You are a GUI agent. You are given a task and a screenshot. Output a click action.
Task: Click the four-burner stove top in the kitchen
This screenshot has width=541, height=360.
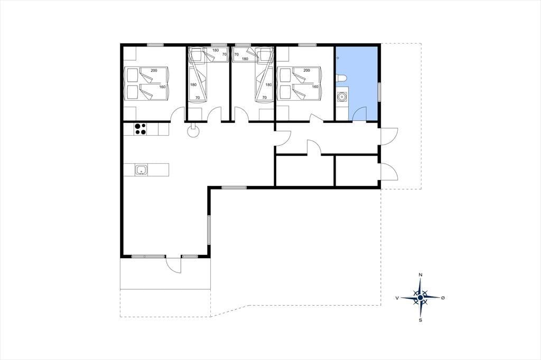pyautogui.click(x=141, y=129)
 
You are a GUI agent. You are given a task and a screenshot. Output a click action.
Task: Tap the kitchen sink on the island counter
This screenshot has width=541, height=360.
pyautogui.click(x=141, y=170)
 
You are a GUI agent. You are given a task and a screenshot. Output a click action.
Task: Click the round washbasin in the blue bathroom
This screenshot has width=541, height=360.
pyautogui.click(x=342, y=97)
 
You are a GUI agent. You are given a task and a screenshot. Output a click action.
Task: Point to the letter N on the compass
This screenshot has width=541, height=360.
pyautogui.click(x=420, y=275)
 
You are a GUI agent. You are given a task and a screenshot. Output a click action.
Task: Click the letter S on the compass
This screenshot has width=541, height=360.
pyautogui.click(x=420, y=320)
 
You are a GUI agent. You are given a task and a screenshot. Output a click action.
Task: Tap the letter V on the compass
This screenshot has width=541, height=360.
pyautogui.click(x=397, y=298)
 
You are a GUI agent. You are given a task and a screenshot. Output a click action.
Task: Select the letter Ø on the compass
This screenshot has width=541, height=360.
pyautogui.click(x=443, y=298)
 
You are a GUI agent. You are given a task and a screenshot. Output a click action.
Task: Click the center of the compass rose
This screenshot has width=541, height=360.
pyautogui.click(x=420, y=298)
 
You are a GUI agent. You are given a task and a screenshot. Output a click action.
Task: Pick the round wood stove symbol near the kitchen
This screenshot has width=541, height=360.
pyautogui.click(x=193, y=131)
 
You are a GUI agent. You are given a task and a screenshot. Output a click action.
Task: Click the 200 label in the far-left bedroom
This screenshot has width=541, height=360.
pyautogui.click(x=154, y=70)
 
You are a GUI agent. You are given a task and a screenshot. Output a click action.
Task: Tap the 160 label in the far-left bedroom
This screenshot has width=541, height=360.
pyautogui.click(x=162, y=87)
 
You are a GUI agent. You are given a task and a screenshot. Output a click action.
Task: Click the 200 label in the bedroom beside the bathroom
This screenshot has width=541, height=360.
pyautogui.click(x=306, y=70)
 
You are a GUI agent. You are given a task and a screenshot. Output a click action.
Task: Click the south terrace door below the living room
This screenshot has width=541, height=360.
pyautogui.click(x=173, y=265)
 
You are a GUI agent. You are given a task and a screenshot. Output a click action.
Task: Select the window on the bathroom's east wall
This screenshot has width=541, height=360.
pyautogui.click(x=379, y=92)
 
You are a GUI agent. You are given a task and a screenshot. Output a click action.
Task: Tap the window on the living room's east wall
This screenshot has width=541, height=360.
pyautogui.click(x=209, y=230)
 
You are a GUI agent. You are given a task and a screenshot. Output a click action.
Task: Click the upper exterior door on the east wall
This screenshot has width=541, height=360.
pyautogui.click(x=389, y=137)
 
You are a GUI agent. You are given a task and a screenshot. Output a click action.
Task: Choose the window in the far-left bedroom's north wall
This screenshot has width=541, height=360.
pyautogui.click(x=155, y=45)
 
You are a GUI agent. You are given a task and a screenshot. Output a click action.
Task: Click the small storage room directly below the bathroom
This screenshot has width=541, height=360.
pyautogui.click(x=357, y=171)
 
